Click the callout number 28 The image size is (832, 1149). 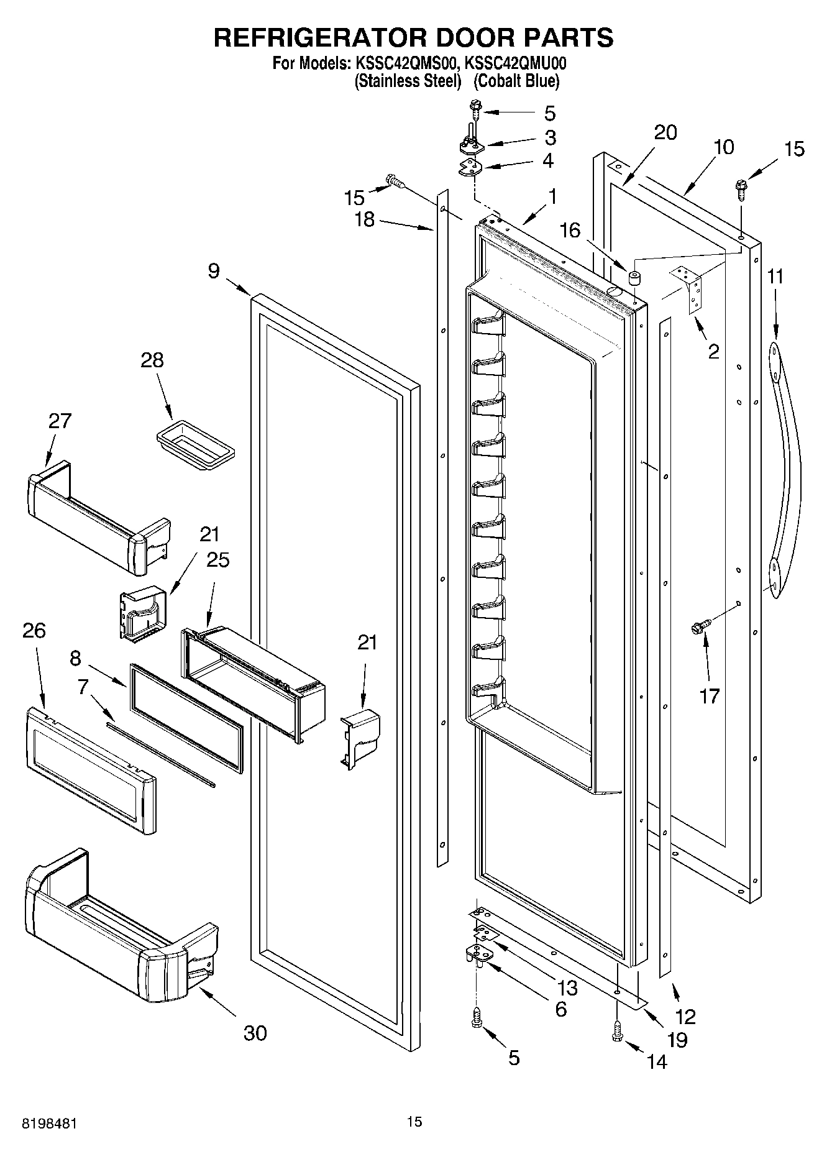pyautogui.click(x=152, y=360)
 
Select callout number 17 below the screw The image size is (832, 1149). pyautogui.click(x=709, y=695)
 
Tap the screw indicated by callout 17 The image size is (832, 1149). pyautogui.click(x=699, y=629)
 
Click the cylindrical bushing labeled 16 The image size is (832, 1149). pyautogui.click(x=634, y=277)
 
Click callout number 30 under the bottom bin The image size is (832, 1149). pyautogui.click(x=255, y=1033)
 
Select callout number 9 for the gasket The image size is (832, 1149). pyautogui.click(x=213, y=271)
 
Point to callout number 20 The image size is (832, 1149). pyautogui.click(x=665, y=132)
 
